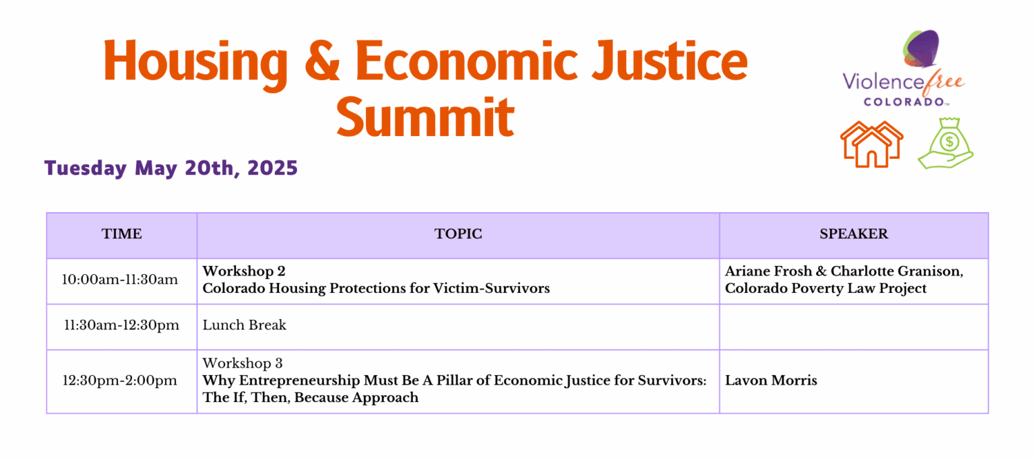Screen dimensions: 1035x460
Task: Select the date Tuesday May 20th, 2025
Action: coord(171,168)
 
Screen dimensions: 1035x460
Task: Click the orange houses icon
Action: coord(871,144)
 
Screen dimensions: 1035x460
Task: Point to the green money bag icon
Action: coord(946,143)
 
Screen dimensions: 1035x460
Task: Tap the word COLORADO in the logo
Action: coord(904,102)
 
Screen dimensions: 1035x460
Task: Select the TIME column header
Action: coord(122,234)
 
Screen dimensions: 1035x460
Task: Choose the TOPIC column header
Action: coord(458,234)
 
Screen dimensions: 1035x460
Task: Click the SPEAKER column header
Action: coord(854,234)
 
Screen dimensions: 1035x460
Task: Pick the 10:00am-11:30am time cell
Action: coord(120,280)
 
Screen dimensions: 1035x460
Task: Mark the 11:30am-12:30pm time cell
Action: coord(121,325)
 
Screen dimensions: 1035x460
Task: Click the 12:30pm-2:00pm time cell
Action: coord(120,381)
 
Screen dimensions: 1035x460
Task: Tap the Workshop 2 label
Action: coord(244,271)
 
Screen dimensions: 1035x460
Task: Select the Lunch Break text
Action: coord(245,325)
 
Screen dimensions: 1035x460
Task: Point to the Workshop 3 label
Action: coord(243,363)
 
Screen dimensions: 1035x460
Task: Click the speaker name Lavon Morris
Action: coord(771,381)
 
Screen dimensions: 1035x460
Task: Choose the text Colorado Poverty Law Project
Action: coord(825,288)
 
